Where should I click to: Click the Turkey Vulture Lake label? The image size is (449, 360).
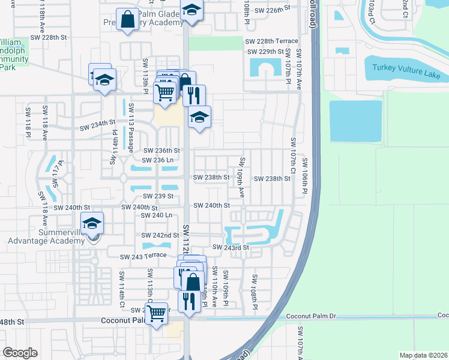[x=406, y=71]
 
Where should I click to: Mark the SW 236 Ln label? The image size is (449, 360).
[x=157, y=160]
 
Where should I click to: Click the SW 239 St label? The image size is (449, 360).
[x=158, y=196]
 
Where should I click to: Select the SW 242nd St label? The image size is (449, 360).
[x=160, y=235]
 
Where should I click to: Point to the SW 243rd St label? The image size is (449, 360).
[x=231, y=247]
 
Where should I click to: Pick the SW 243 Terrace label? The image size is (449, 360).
[x=143, y=256]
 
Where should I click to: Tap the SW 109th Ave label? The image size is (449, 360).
[x=241, y=178]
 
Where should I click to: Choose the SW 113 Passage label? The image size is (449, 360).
[x=130, y=127]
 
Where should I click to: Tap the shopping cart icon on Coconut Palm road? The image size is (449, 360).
[x=157, y=313]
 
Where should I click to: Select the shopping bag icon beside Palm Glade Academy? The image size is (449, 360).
[x=128, y=19]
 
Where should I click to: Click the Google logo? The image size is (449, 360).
[x=20, y=353]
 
